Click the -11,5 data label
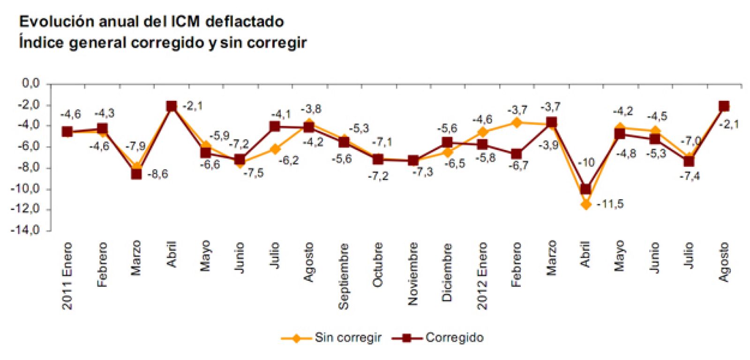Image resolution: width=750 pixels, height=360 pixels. click(x=610, y=204)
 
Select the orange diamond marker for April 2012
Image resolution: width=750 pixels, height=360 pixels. click(x=585, y=204)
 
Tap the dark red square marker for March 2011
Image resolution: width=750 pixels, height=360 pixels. click(x=136, y=174)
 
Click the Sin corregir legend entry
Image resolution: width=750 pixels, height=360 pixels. click(x=347, y=337)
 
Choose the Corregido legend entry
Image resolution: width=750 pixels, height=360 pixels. click(x=454, y=337)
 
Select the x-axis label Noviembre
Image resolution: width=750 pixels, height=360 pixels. click(x=412, y=274)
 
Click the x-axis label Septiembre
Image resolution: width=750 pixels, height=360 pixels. click(x=344, y=276)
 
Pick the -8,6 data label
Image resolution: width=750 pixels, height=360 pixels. click(x=157, y=174)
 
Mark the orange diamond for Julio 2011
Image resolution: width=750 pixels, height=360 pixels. click(x=275, y=149)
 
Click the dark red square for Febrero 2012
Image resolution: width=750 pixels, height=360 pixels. click(x=517, y=154)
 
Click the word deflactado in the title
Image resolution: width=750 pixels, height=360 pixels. click(x=245, y=22)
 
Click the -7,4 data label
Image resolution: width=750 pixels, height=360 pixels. click(x=690, y=176)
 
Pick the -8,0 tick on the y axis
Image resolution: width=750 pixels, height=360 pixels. click(x=30, y=168)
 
